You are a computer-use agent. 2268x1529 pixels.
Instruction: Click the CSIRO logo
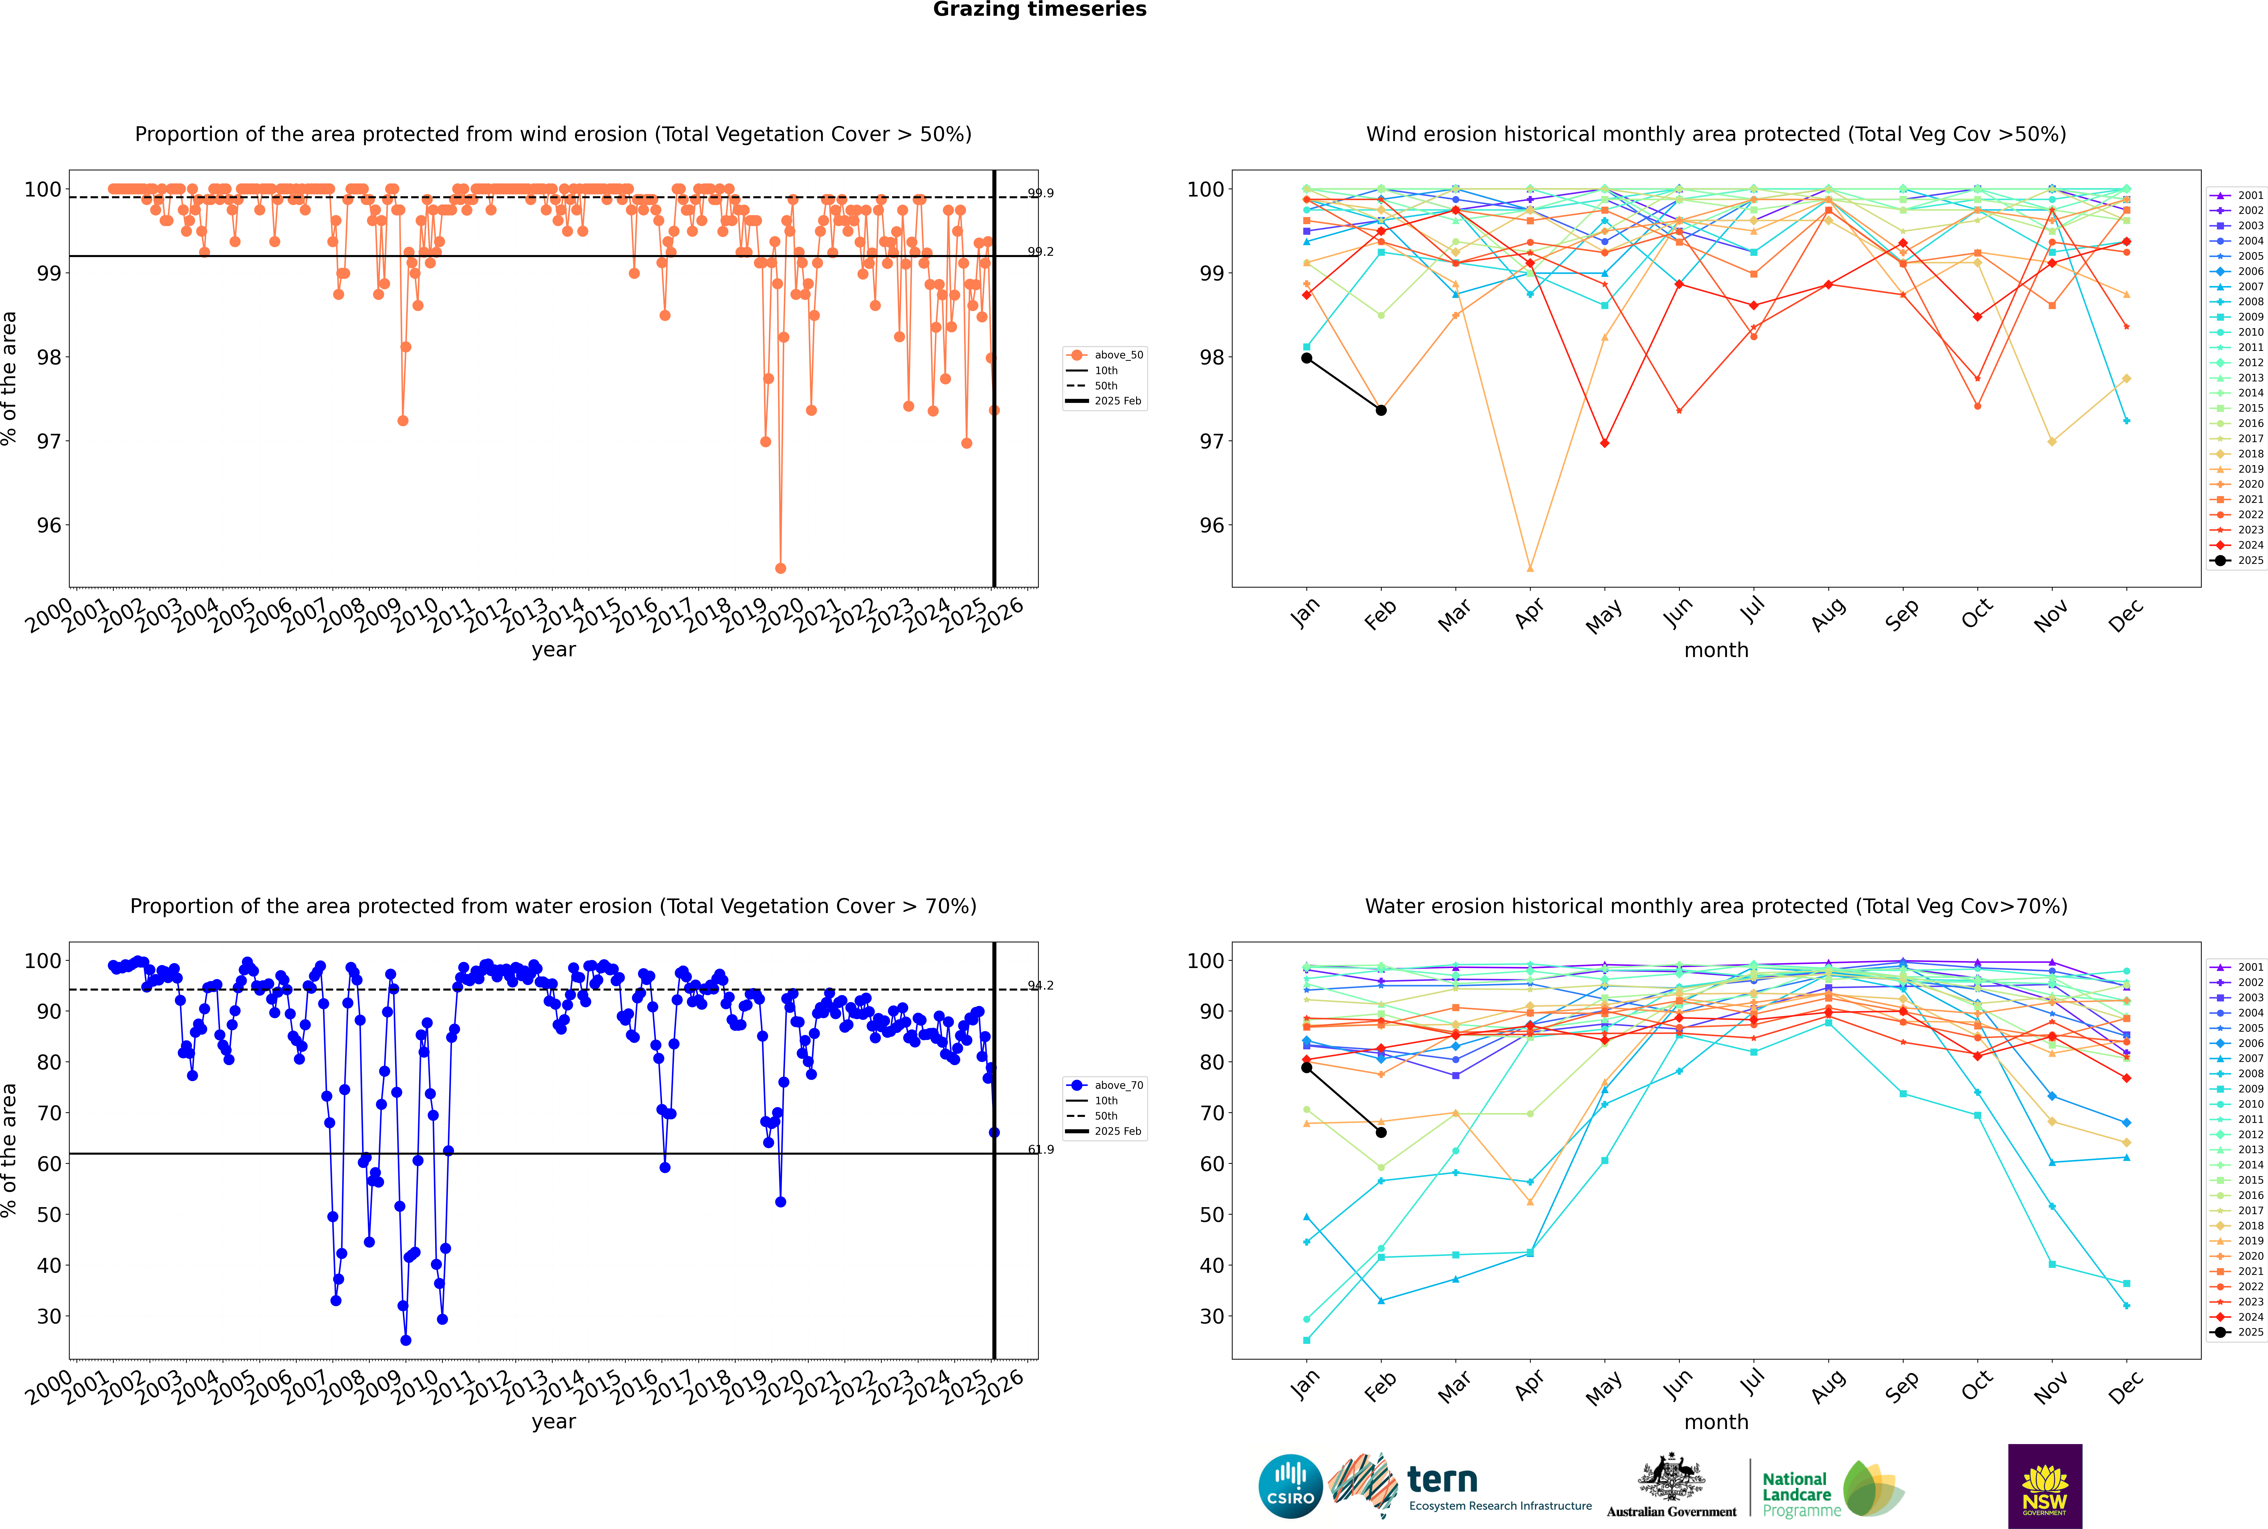pyautogui.click(x=1290, y=1486)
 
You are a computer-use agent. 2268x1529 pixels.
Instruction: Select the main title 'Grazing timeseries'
pyautogui.click(x=1040, y=10)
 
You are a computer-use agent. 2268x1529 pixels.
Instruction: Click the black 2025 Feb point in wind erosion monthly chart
pyautogui.click(x=1381, y=410)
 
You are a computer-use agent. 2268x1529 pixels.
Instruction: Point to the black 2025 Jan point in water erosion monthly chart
pyautogui.click(x=1307, y=1068)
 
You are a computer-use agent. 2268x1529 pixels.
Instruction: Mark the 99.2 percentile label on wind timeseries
pyautogui.click(x=1040, y=252)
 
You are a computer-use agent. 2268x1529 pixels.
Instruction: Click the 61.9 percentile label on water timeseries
pyautogui.click(x=1040, y=1150)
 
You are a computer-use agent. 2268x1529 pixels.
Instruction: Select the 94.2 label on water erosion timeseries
pyautogui.click(x=1040, y=986)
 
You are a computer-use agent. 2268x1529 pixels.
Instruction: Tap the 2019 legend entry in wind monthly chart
pyautogui.click(x=2250, y=469)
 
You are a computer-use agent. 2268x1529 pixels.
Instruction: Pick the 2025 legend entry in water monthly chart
pyautogui.click(x=2250, y=1332)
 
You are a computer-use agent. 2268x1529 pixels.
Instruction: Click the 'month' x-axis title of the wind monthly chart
pyautogui.click(x=1716, y=651)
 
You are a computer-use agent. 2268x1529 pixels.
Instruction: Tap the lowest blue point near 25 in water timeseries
pyautogui.click(x=406, y=1341)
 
